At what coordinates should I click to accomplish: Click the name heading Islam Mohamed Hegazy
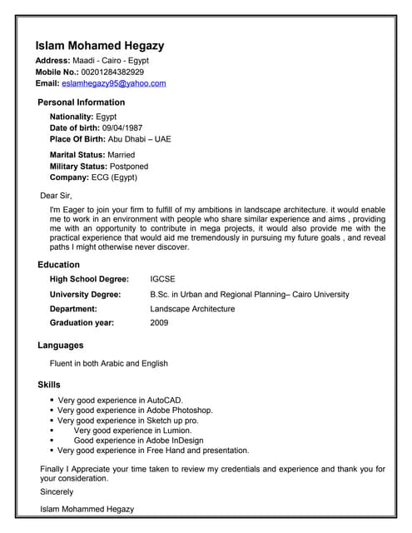coord(99,46)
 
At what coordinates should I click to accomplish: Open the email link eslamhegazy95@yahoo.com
coord(114,83)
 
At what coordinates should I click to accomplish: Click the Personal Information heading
coord(82,102)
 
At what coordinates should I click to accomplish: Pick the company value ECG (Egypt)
coord(115,177)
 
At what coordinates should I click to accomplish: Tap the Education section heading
coord(58,265)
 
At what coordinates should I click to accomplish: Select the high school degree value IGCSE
coord(162,279)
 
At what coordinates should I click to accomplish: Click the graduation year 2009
coord(159,322)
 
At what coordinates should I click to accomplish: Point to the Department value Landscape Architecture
coord(192,308)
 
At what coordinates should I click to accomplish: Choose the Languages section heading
coord(61,345)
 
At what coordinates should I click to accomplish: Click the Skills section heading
coord(49,385)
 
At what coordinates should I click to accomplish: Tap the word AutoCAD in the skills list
coord(164,401)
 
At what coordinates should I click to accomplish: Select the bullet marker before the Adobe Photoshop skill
coord(52,411)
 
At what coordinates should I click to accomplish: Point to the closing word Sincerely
coord(57,492)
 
